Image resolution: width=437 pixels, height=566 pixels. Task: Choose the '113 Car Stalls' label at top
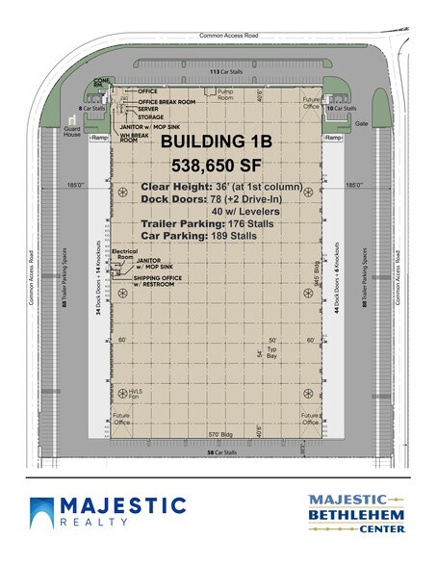tap(218, 71)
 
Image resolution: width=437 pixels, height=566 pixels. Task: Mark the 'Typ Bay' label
tap(271, 354)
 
